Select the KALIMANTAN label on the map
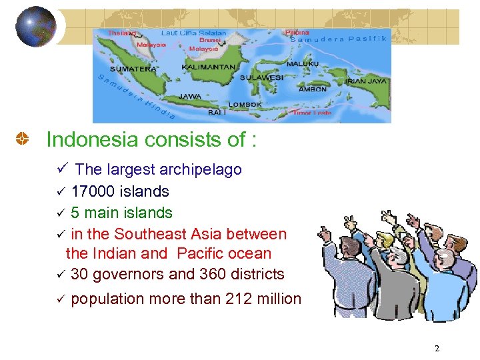click(209, 67)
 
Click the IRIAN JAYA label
click(366, 81)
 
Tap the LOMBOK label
click(245, 105)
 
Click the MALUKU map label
click(303, 63)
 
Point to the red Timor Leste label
click(312, 113)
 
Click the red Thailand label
click(123, 33)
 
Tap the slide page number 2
click(437, 349)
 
